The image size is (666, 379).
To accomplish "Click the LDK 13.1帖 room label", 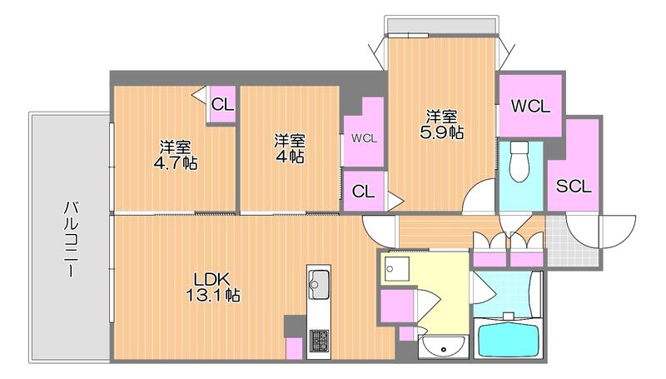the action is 213,287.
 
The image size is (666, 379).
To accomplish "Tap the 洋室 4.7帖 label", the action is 176,155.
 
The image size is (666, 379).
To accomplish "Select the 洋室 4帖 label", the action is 289,149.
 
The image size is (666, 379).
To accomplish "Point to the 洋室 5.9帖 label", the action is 442,124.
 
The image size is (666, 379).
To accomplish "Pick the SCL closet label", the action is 574,186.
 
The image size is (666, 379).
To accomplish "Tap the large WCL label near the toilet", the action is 530,107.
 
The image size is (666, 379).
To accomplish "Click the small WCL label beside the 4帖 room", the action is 364,138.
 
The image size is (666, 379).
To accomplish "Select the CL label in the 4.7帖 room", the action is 222,104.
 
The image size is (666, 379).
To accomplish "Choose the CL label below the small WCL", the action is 363,192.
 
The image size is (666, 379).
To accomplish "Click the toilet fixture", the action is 519,162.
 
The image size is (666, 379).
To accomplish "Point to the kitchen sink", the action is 319,284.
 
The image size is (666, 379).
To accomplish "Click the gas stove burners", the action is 319,341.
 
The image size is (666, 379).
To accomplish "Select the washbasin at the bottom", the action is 443,346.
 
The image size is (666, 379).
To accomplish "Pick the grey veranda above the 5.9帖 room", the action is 441,26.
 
